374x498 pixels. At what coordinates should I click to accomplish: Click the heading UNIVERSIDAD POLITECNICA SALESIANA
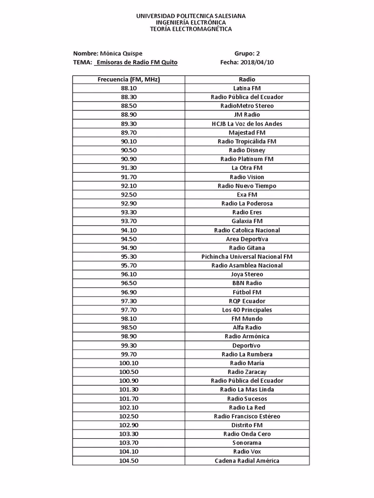[190, 16]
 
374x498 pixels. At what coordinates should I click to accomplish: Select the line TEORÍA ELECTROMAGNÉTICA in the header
[190, 29]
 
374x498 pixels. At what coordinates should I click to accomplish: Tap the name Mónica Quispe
[121, 53]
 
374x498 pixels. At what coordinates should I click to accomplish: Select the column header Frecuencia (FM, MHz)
[129, 79]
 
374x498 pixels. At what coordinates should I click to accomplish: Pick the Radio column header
[247, 79]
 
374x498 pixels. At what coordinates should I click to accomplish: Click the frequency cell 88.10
[129, 88]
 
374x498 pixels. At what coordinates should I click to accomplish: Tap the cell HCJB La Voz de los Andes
[247, 124]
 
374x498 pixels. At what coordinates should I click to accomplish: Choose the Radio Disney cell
[247, 150]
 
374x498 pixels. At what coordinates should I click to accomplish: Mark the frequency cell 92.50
[129, 195]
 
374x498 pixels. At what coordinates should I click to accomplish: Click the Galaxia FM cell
[247, 221]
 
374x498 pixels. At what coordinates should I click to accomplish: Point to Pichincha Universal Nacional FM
[247, 257]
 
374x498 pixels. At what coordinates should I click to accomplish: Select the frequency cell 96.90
[129, 292]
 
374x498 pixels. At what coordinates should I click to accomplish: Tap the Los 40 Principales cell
[247, 310]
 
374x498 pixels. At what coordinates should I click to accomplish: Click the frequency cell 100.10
[129, 363]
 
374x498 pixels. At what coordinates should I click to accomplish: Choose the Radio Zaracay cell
[247, 372]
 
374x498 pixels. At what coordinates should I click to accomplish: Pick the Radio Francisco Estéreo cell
[247, 416]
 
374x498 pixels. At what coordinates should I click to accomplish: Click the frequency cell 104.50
[129, 461]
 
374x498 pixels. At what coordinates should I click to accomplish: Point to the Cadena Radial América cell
[247, 461]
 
